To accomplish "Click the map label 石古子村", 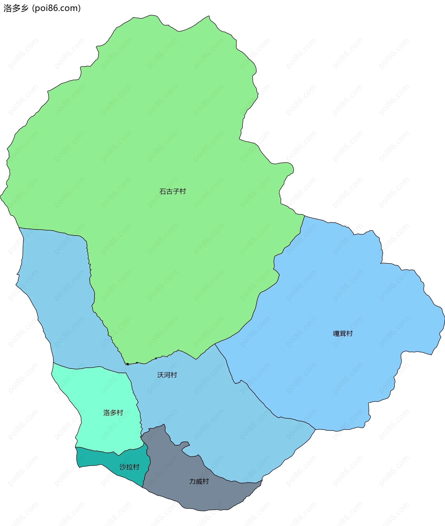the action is pos(172,192).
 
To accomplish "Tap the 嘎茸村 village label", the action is pos(343,334).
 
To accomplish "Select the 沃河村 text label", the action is pos(167,375).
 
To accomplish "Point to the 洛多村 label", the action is pos(113,413).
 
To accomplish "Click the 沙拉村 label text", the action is pos(129,467).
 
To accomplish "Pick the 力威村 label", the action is pos(199,481).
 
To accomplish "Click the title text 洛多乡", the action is pos(16,8).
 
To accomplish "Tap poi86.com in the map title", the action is pos(56,8).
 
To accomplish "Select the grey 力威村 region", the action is pos(177,495).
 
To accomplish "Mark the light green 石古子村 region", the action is pos(151,126).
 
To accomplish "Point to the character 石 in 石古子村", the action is pos(163,192).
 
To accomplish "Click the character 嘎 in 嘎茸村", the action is pos(336,334).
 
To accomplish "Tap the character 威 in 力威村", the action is pos(199,481).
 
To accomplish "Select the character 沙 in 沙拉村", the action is pos(123,467).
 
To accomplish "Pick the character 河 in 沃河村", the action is pos(167,375).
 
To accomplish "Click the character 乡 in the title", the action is pos(25,8).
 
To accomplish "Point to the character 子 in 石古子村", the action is pos(176,192).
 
